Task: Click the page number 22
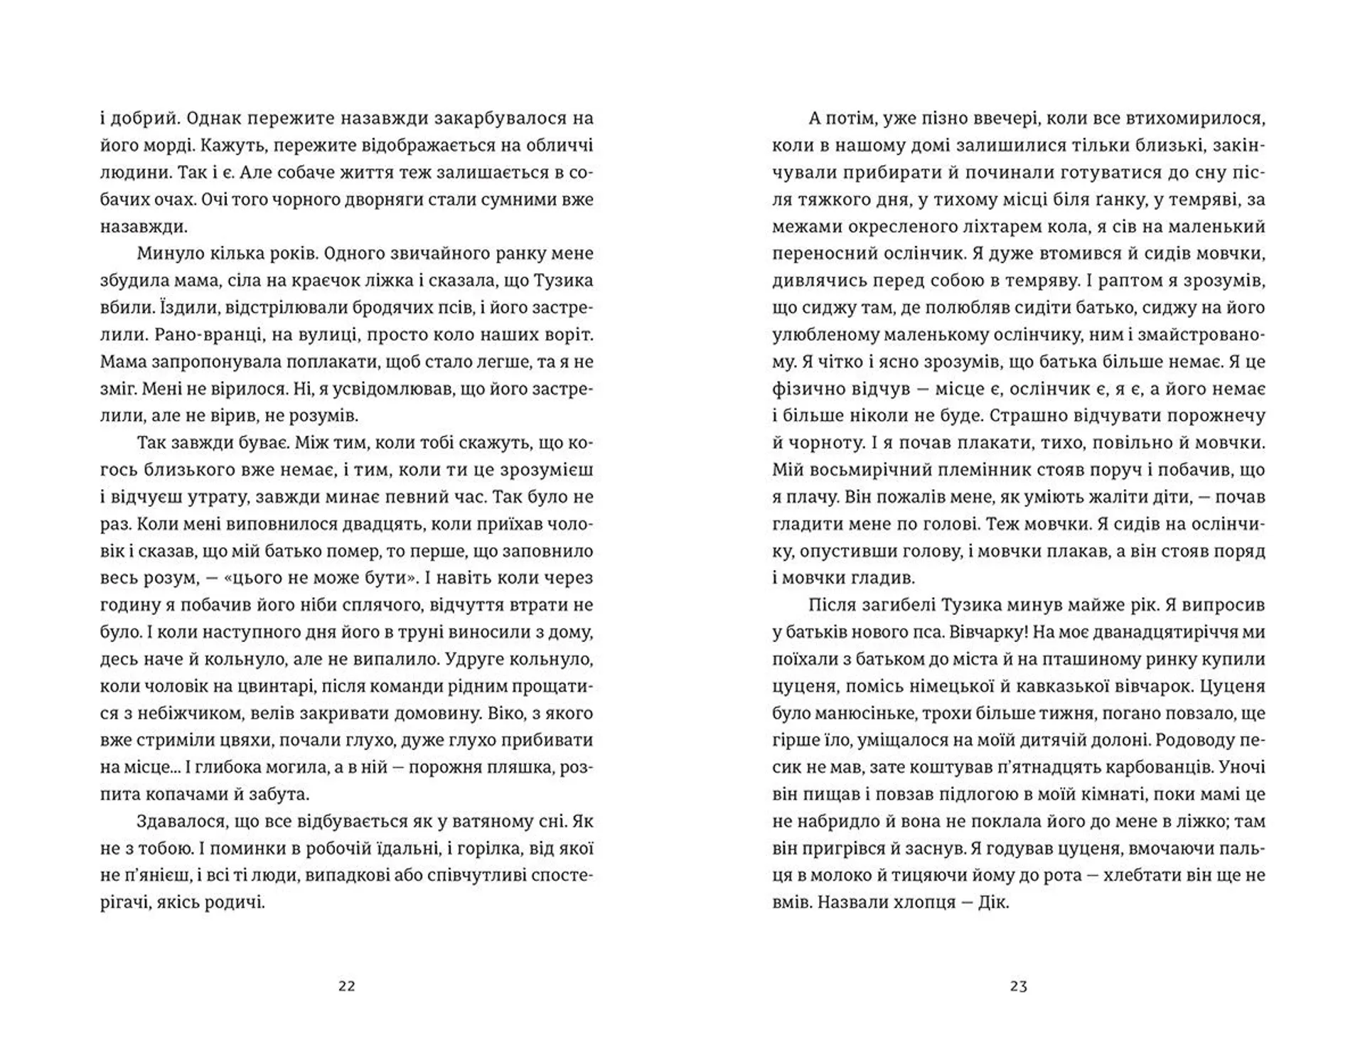[347, 986]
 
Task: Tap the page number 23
[1018, 986]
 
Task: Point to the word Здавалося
[181, 822]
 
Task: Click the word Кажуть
[232, 146]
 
